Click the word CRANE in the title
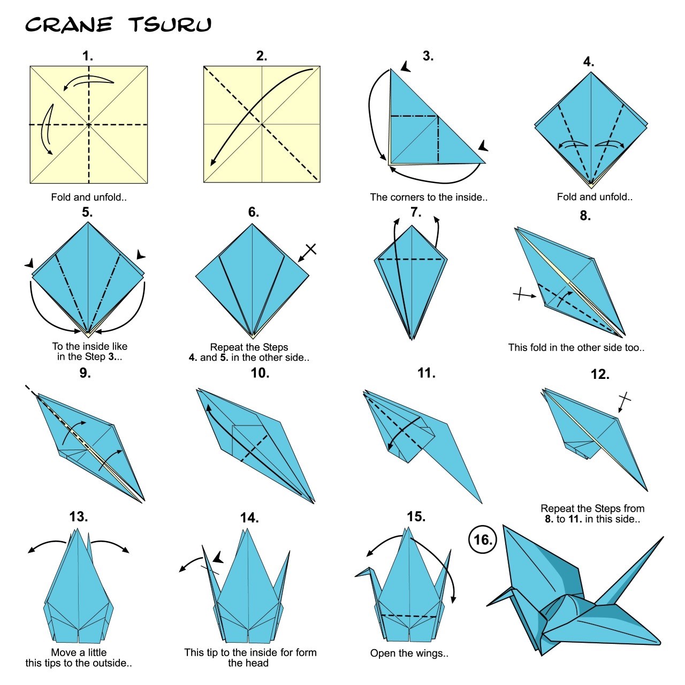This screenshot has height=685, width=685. (68, 25)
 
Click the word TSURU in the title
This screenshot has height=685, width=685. (170, 25)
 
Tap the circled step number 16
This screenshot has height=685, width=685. (483, 539)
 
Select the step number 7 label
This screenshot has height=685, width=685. (416, 212)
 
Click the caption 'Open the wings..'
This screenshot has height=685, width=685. (409, 653)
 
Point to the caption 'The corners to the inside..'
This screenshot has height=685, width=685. (429, 197)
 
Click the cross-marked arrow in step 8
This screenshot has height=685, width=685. (524, 294)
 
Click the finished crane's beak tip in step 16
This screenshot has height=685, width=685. (488, 605)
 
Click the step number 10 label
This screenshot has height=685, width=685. (260, 373)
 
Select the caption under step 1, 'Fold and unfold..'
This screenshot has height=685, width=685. (89, 197)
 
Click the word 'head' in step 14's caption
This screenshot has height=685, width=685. (256, 663)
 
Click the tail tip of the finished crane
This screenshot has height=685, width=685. (662, 537)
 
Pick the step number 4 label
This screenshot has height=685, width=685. (588, 62)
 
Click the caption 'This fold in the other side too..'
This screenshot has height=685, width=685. (576, 347)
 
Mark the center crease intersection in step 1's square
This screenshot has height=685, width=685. (89, 125)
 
